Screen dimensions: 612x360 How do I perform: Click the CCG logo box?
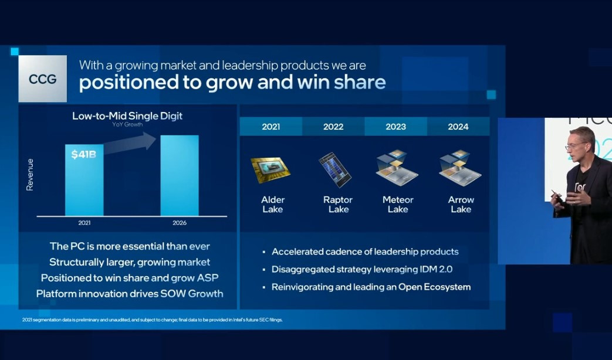43,79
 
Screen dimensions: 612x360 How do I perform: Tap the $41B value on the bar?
83,154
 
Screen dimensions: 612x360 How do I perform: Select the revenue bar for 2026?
180,175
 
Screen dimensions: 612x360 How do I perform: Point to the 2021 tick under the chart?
84,223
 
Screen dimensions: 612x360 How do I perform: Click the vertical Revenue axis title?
30,175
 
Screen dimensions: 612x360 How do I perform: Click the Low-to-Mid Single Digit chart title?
127,116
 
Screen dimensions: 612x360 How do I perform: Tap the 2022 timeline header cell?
333,127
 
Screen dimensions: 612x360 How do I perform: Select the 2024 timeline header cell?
458,127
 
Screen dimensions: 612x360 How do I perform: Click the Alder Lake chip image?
271,170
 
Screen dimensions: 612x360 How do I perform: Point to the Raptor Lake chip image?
335,170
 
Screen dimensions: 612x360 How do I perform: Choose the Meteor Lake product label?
398,205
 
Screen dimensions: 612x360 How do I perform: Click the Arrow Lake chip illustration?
460,168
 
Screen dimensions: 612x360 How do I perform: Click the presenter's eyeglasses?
574,146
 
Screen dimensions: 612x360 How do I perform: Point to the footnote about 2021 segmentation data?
152,320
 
